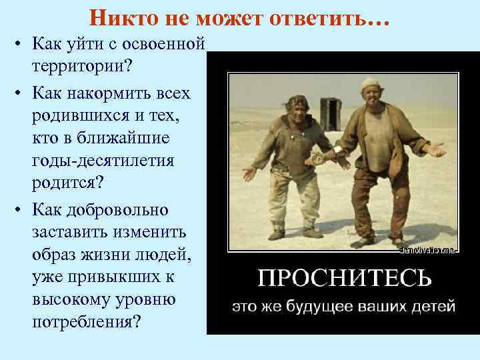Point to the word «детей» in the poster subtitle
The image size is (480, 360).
(433, 307)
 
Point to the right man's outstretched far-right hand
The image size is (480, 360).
(436, 150)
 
